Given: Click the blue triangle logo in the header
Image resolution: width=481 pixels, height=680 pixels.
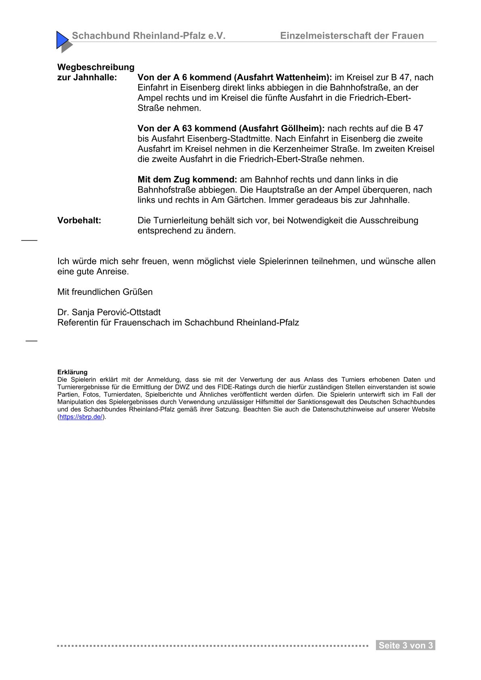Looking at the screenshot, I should tap(63, 40).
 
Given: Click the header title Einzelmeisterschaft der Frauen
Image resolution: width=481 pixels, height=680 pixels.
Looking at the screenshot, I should tap(352, 36).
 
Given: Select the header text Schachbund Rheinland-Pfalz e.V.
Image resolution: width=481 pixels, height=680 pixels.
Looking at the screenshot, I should tap(148, 36).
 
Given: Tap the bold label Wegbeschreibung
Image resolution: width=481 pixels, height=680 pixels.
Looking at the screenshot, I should tap(96, 67).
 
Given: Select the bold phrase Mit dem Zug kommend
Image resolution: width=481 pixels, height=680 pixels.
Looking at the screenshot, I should tap(187, 180).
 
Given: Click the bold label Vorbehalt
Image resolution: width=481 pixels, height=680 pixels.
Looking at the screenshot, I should tap(79, 220).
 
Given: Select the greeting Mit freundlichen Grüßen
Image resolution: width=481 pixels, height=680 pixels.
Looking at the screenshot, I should tap(105, 292).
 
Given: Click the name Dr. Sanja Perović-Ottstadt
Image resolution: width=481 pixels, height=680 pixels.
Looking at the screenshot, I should tap(109, 313).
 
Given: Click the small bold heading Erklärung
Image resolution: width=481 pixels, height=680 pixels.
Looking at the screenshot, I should tap(72, 372).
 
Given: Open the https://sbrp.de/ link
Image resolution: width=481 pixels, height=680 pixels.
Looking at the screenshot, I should tap(81, 417).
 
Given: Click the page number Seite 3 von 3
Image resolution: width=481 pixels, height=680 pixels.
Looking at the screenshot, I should tap(405, 646).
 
